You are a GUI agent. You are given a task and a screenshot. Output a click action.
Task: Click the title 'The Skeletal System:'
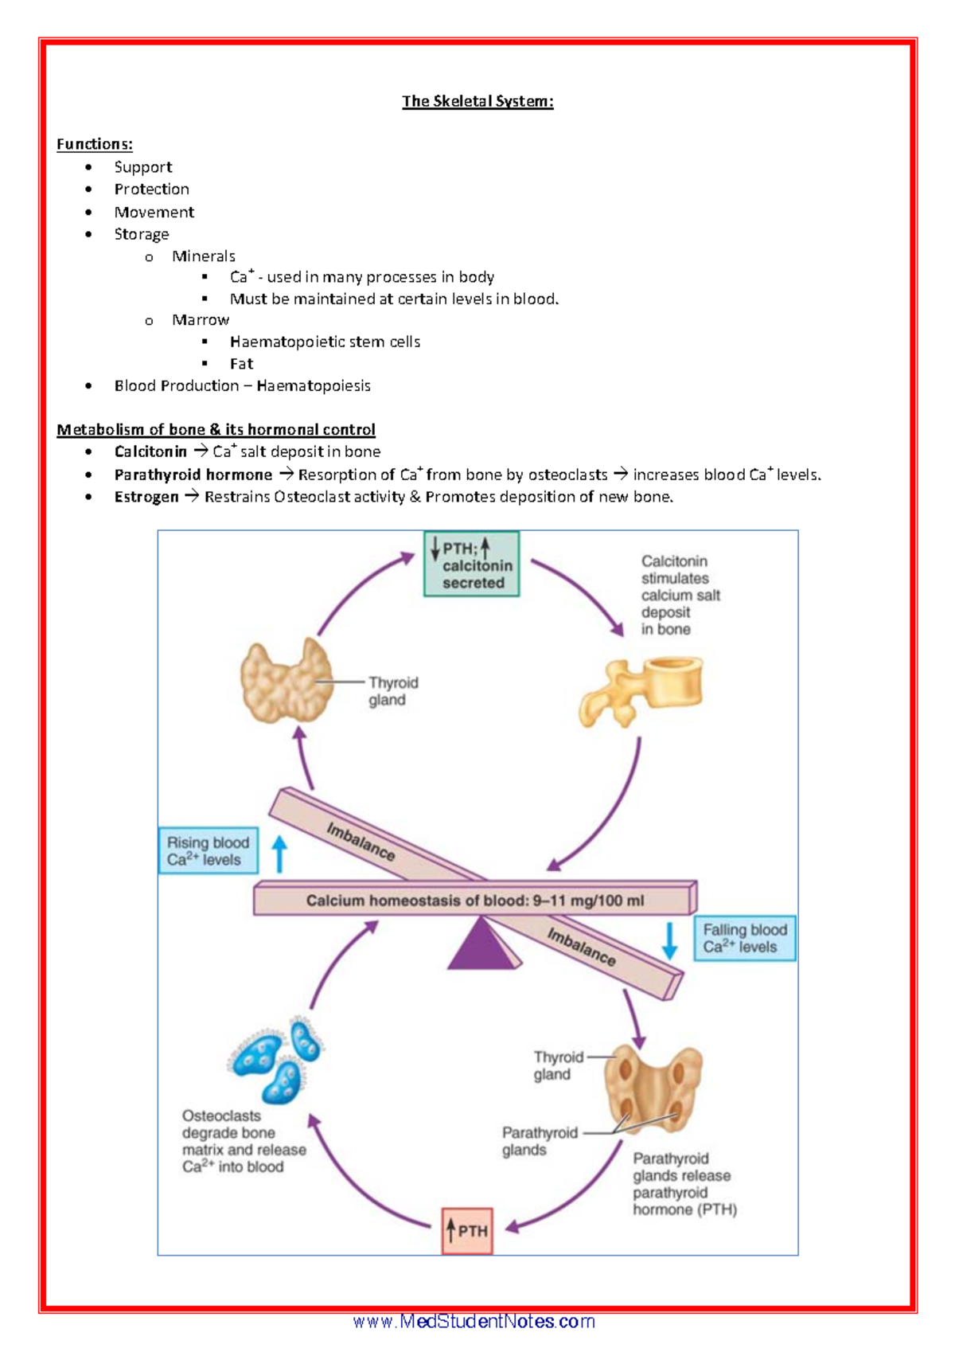[x=477, y=101]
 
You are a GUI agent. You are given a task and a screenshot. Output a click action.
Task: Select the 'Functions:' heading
[x=94, y=144]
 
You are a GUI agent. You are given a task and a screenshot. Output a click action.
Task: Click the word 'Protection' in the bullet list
[x=151, y=190]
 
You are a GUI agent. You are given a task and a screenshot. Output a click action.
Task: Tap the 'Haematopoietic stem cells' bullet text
[x=325, y=342]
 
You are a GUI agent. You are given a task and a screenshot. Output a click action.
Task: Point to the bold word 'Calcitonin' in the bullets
[x=150, y=451]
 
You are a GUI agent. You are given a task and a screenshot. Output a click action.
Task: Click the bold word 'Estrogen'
[x=146, y=497]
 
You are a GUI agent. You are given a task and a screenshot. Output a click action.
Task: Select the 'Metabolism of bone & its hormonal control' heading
[x=216, y=430]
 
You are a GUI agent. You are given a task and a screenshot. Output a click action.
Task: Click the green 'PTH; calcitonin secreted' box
[x=471, y=565]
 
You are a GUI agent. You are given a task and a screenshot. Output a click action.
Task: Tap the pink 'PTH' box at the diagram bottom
[x=467, y=1231]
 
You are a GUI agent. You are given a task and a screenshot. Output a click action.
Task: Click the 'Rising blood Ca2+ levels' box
[x=208, y=851]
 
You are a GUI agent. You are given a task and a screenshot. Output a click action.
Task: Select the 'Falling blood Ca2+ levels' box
[x=744, y=939]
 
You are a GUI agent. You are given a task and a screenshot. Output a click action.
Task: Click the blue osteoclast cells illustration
[x=277, y=1060]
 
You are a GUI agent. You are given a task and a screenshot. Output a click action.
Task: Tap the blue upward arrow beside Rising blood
[x=279, y=854]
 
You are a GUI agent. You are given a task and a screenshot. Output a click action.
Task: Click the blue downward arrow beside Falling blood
[x=670, y=940]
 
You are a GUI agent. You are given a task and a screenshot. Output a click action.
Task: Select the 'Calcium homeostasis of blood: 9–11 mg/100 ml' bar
[x=475, y=901]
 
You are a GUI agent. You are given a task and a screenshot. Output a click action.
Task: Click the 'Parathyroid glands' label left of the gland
[x=539, y=1141]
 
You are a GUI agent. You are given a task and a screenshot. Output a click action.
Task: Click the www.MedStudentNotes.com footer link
[x=474, y=1322]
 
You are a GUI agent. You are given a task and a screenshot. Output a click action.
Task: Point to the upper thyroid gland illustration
[x=286, y=682]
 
